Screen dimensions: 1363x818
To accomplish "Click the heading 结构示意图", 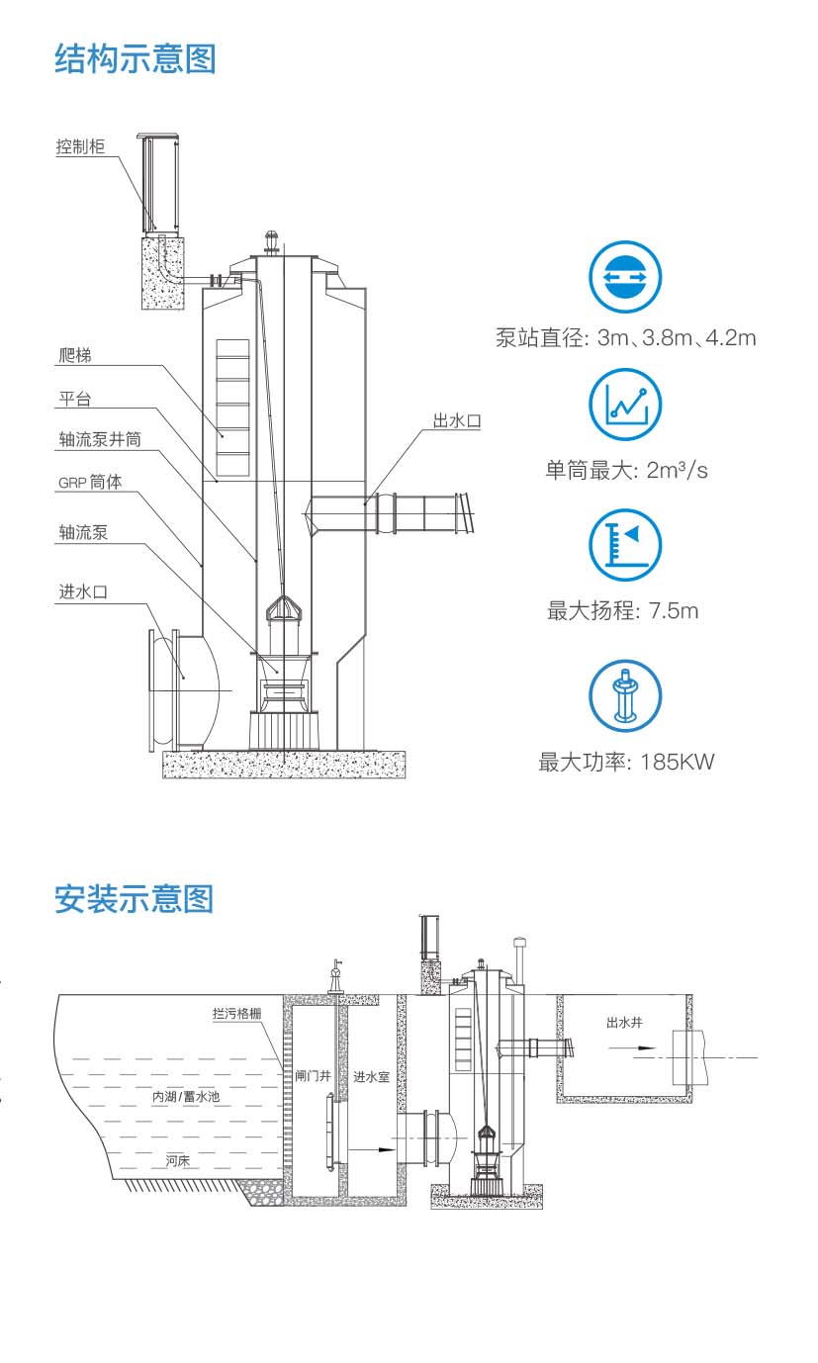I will pyautogui.click(x=135, y=58).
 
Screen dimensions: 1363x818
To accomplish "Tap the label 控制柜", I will pyautogui.click(x=80, y=146).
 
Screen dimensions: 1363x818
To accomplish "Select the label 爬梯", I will pyautogui.click(x=75, y=354).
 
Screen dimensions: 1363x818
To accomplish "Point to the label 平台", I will pyautogui.click(x=75, y=399).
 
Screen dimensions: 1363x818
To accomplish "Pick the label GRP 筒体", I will pyautogui.click(x=90, y=484).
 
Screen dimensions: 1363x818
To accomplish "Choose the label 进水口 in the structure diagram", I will pyautogui.click(x=82, y=591).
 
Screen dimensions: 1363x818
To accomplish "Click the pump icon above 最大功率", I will pyautogui.click(x=625, y=696).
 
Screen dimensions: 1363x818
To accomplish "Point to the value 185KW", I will pyautogui.click(x=677, y=762).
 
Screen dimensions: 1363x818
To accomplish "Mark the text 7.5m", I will pyautogui.click(x=673, y=611).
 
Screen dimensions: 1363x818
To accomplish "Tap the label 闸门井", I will pyautogui.click(x=312, y=1075).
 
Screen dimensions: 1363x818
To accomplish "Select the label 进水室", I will pyautogui.click(x=371, y=1075).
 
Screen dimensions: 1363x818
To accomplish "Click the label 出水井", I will pyautogui.click(x=624, y=1022).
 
